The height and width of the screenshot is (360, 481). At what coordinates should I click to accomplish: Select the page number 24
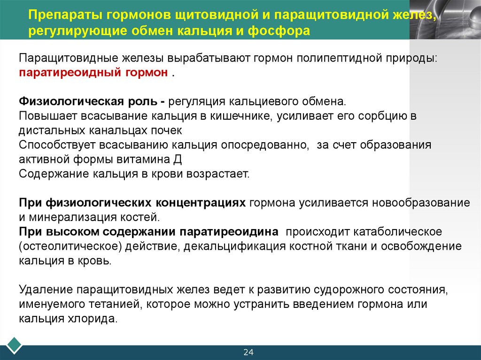[248, 352]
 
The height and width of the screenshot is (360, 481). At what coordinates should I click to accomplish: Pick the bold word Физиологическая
[71, 102]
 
